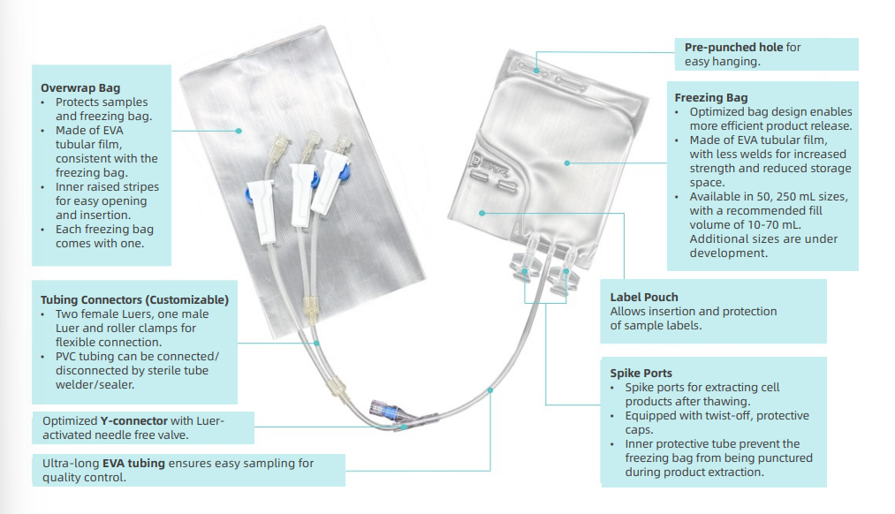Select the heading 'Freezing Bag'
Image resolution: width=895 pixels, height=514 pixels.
click(711, 97)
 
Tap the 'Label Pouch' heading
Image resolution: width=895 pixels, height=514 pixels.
click(644, 297)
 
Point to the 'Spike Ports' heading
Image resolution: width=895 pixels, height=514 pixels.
click(642, 373)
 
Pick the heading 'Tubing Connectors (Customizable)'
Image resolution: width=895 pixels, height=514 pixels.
click(134, 299)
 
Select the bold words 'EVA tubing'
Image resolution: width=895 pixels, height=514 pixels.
click(134, 463)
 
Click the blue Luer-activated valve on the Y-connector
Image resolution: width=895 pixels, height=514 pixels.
click(389, 410)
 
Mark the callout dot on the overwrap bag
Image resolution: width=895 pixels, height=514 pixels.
click(238, 130)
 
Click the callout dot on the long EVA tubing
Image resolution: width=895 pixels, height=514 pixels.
click(489, 389)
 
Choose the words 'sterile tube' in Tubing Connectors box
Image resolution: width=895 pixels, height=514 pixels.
click(178, 370)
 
